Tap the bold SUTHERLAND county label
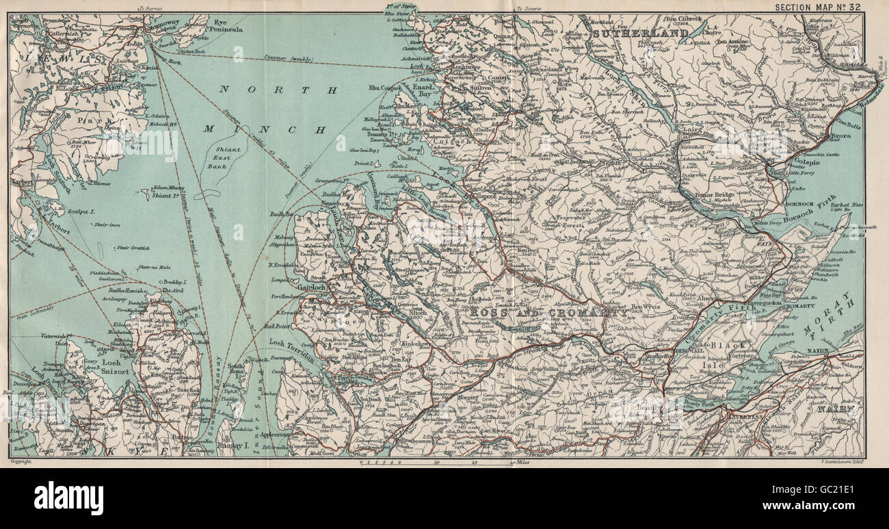[641, 33]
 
